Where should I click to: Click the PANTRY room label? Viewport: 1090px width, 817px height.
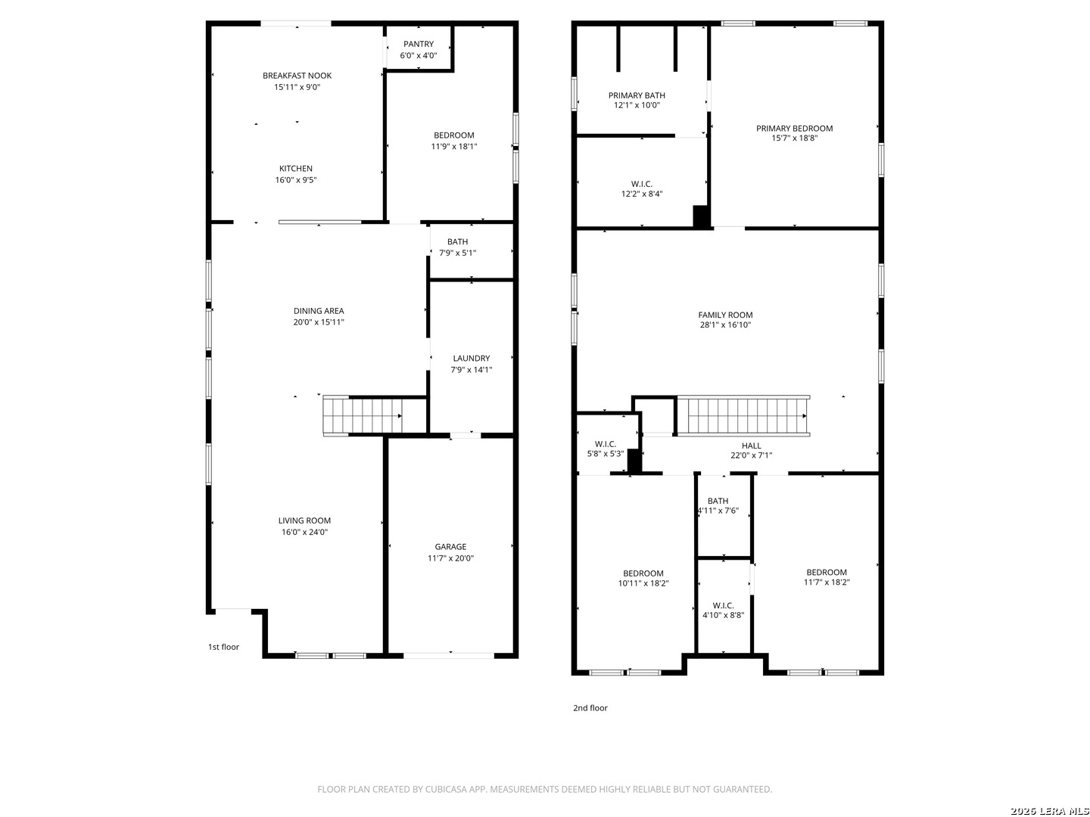[x=418, y=44]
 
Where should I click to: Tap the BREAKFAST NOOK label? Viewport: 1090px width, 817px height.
[x=297, y=76]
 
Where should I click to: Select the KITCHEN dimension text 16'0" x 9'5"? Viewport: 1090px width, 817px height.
[x=296, y=180]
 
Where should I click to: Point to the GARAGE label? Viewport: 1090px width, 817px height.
[x=450, y=547]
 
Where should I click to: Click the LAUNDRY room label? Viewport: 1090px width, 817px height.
[x=472, y=358]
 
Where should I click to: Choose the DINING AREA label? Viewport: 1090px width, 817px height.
[x=319, y=311]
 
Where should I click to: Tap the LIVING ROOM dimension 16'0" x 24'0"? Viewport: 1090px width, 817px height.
[x=304, y=533]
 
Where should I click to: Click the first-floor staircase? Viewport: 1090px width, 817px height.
[x=363, y=416]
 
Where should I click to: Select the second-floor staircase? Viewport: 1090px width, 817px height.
[x=743, y=416]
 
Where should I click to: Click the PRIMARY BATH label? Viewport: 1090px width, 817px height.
[x=637, y=95]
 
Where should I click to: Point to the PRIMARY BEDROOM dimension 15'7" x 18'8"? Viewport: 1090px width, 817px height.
[x=795, y=138]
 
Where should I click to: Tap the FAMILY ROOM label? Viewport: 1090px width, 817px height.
[x=725, y=315]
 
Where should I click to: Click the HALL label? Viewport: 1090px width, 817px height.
[x=752, y=446]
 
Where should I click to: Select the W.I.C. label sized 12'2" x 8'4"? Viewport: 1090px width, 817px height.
[x=642, y=185]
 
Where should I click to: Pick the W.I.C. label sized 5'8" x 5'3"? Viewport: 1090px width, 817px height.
[x=606, y=445]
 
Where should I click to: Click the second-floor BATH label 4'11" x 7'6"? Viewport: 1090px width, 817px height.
[x=718, y=501]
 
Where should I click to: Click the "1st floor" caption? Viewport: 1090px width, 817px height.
[x=223, y=647]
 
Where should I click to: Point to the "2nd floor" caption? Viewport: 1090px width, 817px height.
[x=590, y=708]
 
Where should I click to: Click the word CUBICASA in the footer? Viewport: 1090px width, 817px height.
[x=446, y=789]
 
